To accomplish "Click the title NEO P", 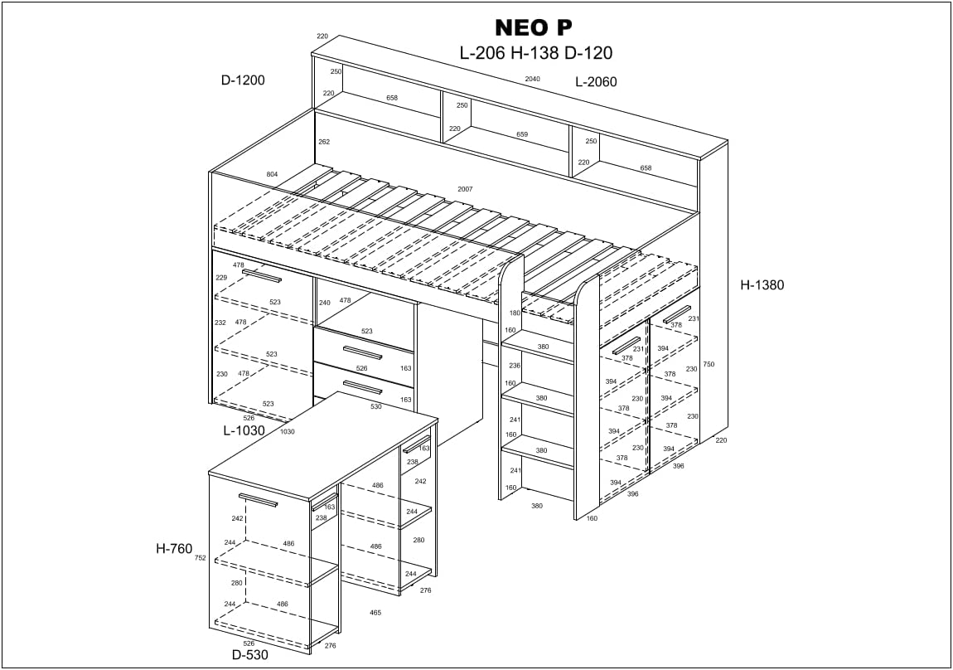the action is (x=533, y=28).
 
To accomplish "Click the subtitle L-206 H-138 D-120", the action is (x=535, y=53).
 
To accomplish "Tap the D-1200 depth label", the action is (x=243, y=80).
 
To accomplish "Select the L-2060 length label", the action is (x=596, y=82).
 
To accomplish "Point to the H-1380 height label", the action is (x=762, y=284).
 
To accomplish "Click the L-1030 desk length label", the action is (x=244, y=430).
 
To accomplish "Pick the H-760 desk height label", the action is (x=174, y=549).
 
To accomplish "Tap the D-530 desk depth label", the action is (x=249, y=655).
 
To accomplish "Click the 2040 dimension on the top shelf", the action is (x=532, y=79).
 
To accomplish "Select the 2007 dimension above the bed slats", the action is (x=465, y=189).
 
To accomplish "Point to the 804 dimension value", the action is (x=273, y=174).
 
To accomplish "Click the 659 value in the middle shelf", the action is (x=522, y=134).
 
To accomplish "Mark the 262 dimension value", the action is (x=324, y=142).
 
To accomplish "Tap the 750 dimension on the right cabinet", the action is (x=709, y=364).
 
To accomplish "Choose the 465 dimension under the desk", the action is (x=375, y=612).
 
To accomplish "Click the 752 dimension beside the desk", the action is (x=201, y=557).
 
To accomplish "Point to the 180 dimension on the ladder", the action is (x=515, y=313).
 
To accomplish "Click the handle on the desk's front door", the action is (x=259, y=500).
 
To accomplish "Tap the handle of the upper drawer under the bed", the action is (x=362, y=353).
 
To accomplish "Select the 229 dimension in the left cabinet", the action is (x=221, y=278).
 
